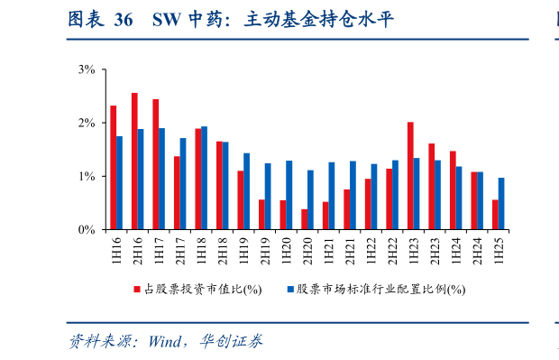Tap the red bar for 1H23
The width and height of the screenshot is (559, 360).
(410, 175)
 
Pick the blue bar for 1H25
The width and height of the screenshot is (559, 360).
(501, 203)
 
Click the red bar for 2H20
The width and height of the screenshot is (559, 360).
(304, 219)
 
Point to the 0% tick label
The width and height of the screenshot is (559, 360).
(87, 230)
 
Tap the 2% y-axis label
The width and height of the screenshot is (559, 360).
(87, 123)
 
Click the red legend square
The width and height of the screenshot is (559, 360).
(137, 290)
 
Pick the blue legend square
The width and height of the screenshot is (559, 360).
(291, 290)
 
